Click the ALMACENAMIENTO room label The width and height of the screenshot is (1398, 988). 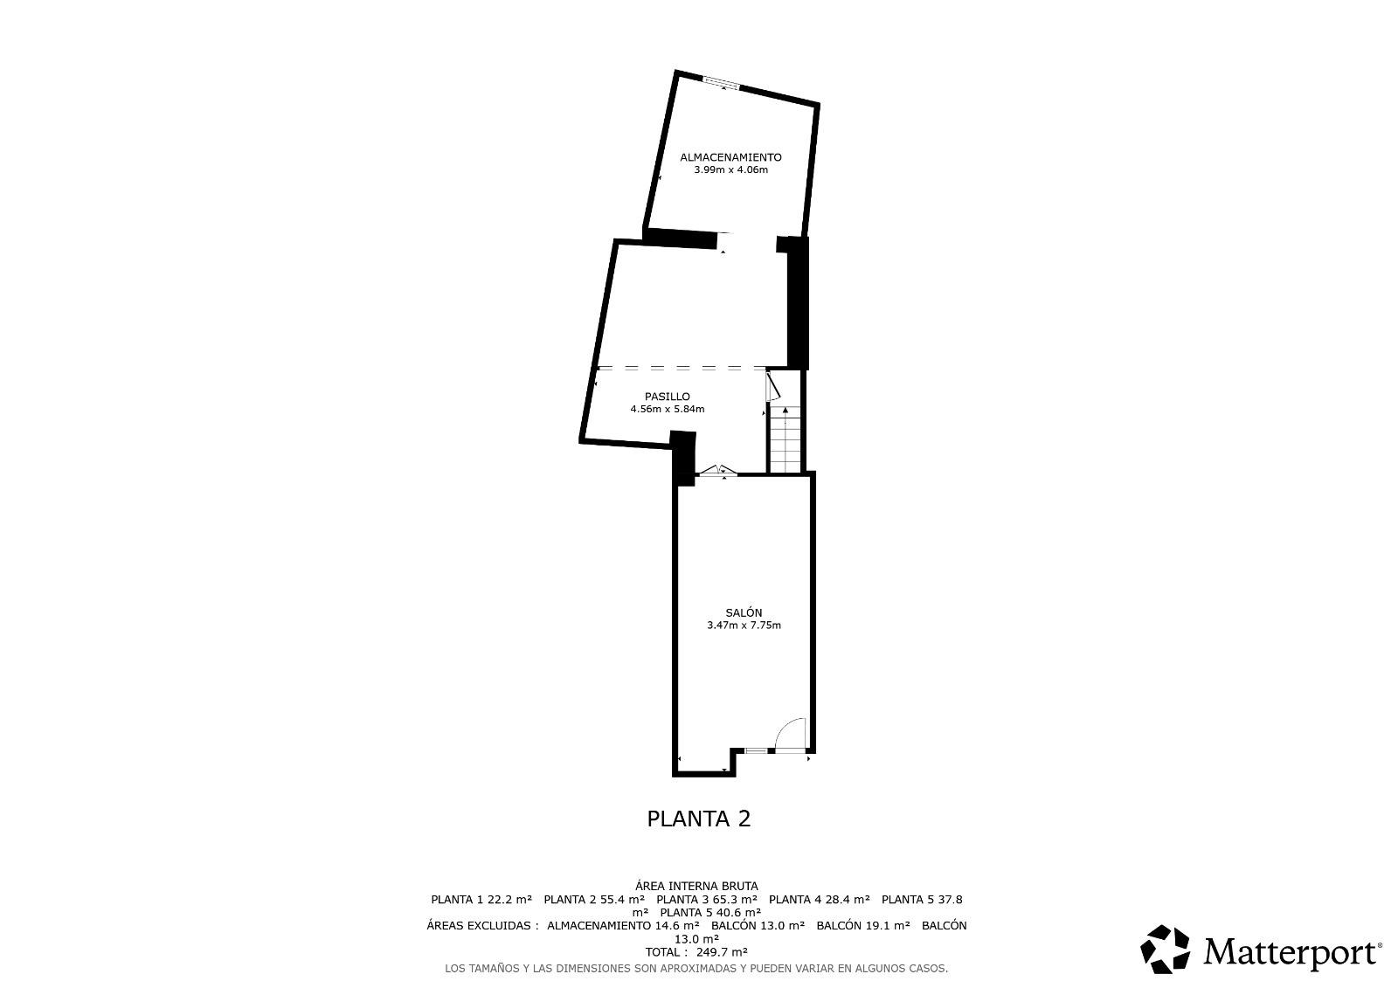[x=730, y=157]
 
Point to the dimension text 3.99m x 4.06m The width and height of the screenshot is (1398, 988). [x=730, y=169]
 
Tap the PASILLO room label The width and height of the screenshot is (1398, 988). [x=668, y=397]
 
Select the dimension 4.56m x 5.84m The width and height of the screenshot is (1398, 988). [x=668, y=410]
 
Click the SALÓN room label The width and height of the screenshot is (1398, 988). [x=744, y=613]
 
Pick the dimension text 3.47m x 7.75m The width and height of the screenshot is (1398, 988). [x=744, y=625]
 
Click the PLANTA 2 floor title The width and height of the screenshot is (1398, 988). [x=698, y=819]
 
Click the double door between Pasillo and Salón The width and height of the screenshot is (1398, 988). [x=717, y=471]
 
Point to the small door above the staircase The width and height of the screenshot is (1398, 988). [x=772, y=386]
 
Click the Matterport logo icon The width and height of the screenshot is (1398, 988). [x=1165, y=949]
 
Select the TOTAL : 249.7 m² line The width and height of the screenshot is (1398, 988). [x=696, y=952]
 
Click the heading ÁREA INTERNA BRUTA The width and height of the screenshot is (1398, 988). [x=696, y=886]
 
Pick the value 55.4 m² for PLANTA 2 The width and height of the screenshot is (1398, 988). [x=622, y=900]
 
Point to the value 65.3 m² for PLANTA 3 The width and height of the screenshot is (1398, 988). [x=735, y=900]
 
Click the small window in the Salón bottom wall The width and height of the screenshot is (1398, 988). [x=756, y=750]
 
